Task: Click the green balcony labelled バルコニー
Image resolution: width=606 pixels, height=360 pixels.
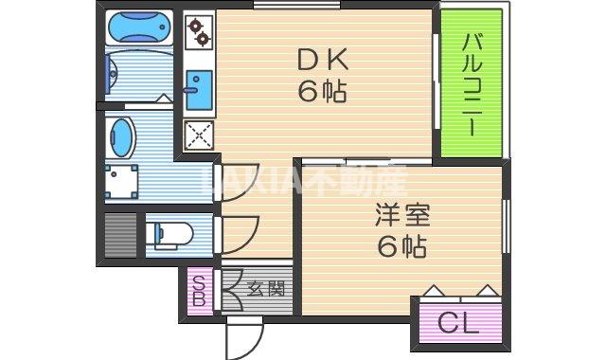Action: point(471,83)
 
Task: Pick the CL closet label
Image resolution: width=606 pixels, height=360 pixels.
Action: point(458,323)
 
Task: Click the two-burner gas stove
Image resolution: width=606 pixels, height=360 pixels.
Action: point(199,32)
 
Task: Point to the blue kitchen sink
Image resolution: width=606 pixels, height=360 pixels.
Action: point(198,91)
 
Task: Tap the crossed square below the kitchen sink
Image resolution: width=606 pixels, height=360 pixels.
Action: point(199,138)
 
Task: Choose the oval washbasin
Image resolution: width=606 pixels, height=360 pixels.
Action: point(121,138)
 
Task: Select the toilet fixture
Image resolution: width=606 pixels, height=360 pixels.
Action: point(172,233)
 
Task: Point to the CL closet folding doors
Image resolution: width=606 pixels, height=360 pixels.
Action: point(459,290)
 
